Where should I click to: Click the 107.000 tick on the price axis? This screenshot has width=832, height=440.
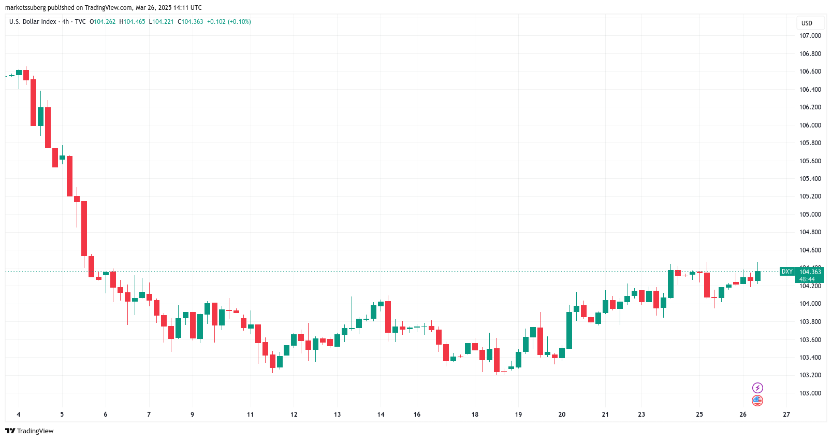pos(810,36)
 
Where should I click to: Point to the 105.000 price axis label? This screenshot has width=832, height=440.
pos(810,215)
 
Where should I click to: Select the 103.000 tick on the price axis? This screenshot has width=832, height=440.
pos(810,393)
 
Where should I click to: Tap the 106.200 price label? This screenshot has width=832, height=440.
pos(810,107)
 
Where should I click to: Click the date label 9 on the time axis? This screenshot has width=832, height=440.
pos(192,415)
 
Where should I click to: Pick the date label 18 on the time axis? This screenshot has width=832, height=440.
pos(475,415)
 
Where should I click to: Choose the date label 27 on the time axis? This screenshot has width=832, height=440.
pos(786,415)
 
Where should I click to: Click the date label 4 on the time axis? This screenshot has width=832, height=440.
pos(19,415)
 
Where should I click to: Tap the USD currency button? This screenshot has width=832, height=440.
pos(807,23)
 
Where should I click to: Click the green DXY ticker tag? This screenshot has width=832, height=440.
pos(787,272)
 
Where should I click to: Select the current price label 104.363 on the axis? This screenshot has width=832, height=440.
pos(810,272)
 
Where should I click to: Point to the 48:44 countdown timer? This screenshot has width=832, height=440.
pos(807,279)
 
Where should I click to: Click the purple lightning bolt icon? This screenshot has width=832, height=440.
pos(757,388)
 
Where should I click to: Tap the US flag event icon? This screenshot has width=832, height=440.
pos(757,401)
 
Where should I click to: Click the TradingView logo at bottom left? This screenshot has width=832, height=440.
pos(30,431)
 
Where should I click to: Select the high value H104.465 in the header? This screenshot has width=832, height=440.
pos(133,22)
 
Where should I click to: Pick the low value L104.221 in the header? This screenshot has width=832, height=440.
pos(162,22)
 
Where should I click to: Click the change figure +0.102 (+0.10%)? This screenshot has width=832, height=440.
pos(229,22)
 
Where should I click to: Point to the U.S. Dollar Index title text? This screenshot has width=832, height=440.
pos(33,22)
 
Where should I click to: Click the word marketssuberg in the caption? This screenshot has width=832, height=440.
pos(25,8)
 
